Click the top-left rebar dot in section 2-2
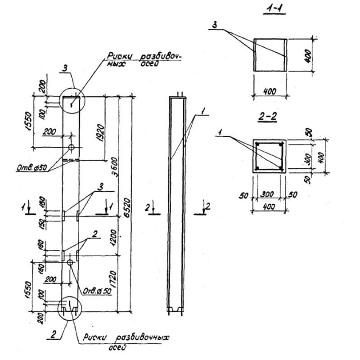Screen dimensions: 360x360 [x=258, y=144]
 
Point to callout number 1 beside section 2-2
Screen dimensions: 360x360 [x=220, y=131]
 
